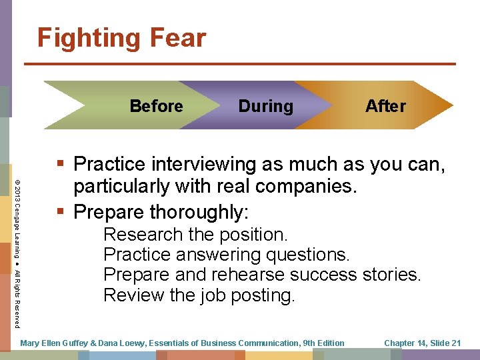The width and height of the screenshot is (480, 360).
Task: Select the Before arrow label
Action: point(156,106)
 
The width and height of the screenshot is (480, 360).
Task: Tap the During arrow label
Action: point(265,106)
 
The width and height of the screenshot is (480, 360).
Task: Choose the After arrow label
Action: point(385,106)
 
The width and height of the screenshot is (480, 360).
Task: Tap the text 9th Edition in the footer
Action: point(322,343)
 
